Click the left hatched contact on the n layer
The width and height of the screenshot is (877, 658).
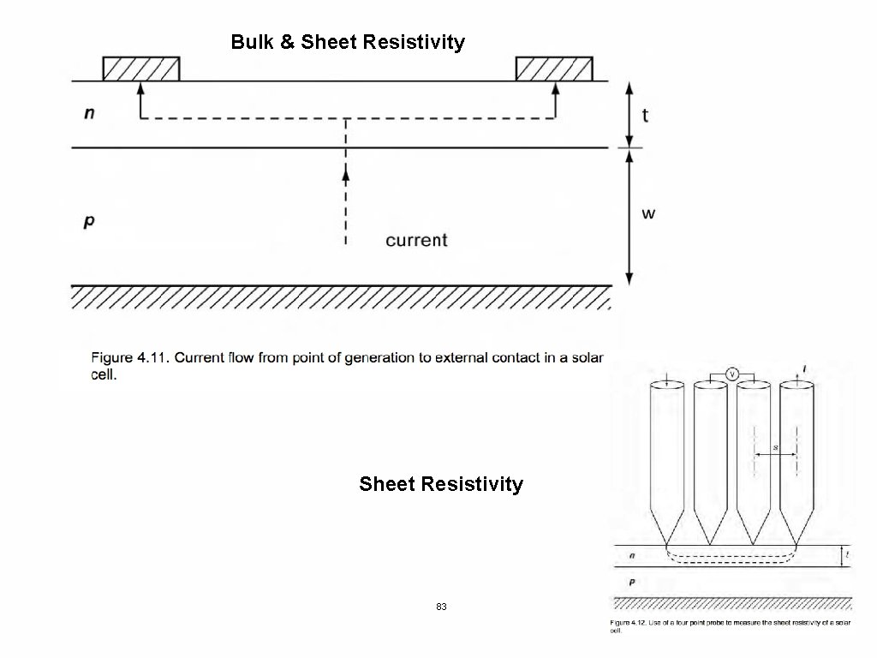pos(141,68)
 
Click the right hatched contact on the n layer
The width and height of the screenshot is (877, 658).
pos(553,68)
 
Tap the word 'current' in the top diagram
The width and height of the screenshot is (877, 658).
pos(416,240)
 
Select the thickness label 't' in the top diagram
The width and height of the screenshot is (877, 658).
pos(645,115)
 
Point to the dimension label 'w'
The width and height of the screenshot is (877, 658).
pos(648,212)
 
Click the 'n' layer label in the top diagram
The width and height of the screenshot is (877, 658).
pos(89,114)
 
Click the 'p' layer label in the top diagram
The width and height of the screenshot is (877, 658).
pos(89,221)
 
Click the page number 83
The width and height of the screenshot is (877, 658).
pos(441,607)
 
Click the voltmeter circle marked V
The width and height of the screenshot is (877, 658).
pos(731,373)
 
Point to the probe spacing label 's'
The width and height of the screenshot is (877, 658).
pos(775,447)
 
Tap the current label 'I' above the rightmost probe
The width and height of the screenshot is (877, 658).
pos(802,369)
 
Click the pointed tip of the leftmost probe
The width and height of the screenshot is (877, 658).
pos(667,545)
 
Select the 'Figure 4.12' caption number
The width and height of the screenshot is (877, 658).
pos(629,622)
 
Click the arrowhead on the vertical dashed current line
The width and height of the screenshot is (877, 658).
pos(346,174)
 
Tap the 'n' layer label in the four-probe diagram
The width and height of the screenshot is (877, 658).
pos(632,556)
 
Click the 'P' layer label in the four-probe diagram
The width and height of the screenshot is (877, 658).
pos(632,582)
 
